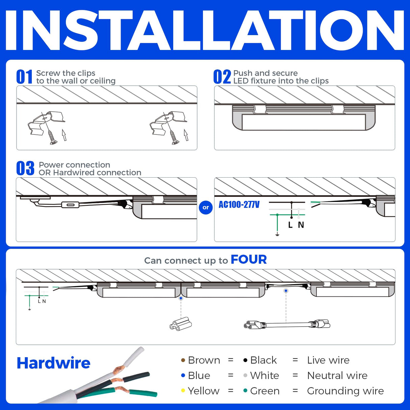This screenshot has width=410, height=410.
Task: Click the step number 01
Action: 24,77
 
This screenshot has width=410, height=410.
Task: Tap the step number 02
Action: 222,77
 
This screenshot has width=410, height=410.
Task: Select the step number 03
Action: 25,169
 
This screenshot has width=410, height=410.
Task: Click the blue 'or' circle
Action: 206,207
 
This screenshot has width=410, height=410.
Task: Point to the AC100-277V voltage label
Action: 239,205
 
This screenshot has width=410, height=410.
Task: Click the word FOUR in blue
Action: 249,259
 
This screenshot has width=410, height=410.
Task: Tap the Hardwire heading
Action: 53,363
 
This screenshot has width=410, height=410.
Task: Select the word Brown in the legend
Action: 204,360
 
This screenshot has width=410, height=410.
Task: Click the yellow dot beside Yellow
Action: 183,391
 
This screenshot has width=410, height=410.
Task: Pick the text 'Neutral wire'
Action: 337,376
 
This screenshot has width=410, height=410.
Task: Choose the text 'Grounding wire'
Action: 345,391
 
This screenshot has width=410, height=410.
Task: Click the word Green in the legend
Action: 265,391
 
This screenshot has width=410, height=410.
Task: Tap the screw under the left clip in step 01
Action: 52,137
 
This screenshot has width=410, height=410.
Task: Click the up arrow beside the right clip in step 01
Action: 186,135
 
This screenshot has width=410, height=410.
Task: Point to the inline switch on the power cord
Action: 70,205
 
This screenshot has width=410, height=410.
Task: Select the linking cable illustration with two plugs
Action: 286,325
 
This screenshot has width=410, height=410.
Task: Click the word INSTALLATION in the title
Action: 205,30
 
